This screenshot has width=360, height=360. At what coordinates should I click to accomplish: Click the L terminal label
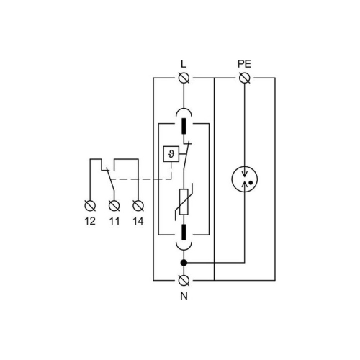pos(184,64)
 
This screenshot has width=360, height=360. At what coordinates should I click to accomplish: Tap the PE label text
pos(244,64)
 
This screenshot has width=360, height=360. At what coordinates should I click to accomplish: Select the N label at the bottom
pos(184,296)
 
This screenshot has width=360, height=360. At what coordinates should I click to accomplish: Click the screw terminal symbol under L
pos(184,78)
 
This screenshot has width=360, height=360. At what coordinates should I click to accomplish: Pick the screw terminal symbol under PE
pos(245,78)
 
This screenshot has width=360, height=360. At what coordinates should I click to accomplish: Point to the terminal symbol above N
pos(184,280)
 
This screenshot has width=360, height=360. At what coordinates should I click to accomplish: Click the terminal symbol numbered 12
pos(90,206)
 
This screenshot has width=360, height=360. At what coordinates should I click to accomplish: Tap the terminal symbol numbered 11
pos(114,206)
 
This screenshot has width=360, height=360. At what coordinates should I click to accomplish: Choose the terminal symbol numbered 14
pos(138,206)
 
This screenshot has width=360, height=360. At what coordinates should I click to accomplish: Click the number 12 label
pos(90,221)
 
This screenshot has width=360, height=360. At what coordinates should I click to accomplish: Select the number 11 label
pos(114,221)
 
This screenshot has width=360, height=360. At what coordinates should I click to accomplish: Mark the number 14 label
pos(138,221)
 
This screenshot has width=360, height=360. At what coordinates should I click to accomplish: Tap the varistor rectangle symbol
pos(184,202)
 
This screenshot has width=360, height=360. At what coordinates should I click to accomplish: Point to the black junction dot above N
pos(184,263)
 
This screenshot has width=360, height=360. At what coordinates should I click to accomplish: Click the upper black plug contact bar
pos(184,126)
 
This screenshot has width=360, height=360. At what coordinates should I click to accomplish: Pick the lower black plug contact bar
pos(184,233)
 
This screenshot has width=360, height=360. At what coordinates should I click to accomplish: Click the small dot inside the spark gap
pos(251,183)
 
